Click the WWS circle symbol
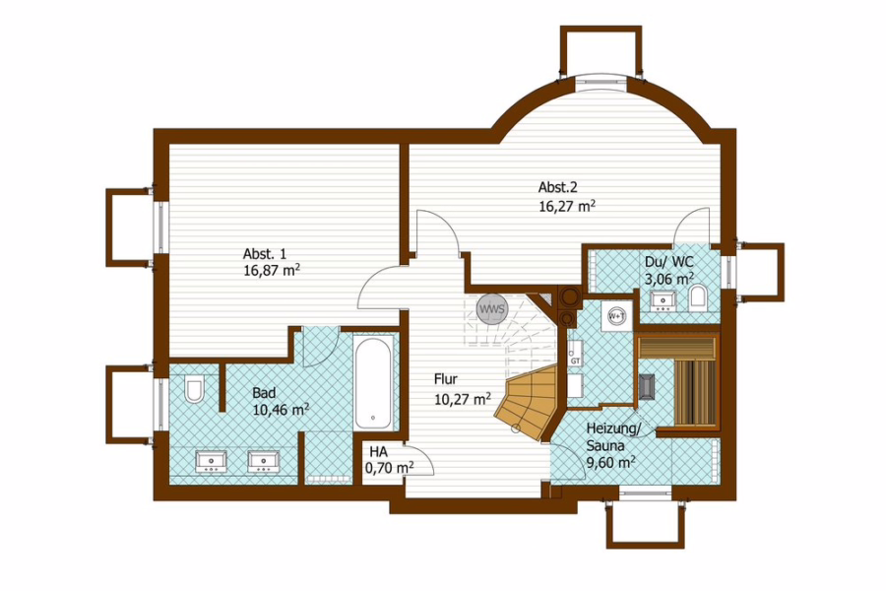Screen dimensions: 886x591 [492, 309]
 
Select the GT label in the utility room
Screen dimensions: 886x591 [575, 361]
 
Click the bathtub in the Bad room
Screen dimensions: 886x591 [373, 382]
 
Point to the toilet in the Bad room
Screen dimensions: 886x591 [194, 389]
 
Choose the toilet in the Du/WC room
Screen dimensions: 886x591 [698, 297]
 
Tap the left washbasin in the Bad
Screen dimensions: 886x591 [212, 461]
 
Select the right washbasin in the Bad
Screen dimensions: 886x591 [263, 461]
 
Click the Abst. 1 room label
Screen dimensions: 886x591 [265, 253]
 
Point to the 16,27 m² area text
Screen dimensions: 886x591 [567, 205]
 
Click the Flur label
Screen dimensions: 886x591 [446, 379]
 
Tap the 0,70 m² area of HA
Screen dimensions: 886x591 [389, 468]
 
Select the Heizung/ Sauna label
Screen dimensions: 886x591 [614, 437]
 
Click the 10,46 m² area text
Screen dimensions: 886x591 [281, 410]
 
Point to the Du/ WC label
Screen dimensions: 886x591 [669, 262]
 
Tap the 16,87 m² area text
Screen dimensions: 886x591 [272, 270]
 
